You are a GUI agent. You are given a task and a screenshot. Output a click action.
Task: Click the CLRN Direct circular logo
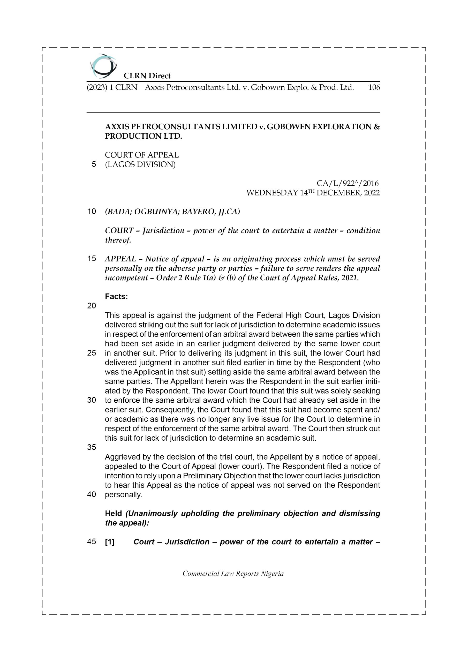click(103, 66)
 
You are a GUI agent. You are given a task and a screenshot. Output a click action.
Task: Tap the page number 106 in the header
click(374, 87)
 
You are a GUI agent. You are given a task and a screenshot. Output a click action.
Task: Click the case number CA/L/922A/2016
click(347, 183)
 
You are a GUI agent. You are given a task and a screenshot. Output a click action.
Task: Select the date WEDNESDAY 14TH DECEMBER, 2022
click(313, 193)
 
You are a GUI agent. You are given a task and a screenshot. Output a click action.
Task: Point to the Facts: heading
click(116, 297)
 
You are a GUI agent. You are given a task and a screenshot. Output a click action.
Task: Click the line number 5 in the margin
click(94, 164)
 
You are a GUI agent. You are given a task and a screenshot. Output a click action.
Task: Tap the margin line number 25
click(92, 353)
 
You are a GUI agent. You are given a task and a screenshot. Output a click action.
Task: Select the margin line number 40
click(92, 495)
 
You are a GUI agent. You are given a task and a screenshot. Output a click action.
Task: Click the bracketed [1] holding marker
click(110, 542)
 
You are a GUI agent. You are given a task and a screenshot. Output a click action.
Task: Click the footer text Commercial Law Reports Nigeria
click(233, 574)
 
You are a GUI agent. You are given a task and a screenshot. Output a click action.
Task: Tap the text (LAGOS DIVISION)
click(140, 165)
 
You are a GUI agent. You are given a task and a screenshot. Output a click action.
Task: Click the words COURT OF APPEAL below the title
click(142, 155)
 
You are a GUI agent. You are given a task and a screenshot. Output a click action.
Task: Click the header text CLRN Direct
click(147, 76)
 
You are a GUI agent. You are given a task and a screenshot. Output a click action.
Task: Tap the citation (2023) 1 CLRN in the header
click(112, 87)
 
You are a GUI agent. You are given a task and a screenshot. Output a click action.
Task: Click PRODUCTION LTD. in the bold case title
click(143, 136)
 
